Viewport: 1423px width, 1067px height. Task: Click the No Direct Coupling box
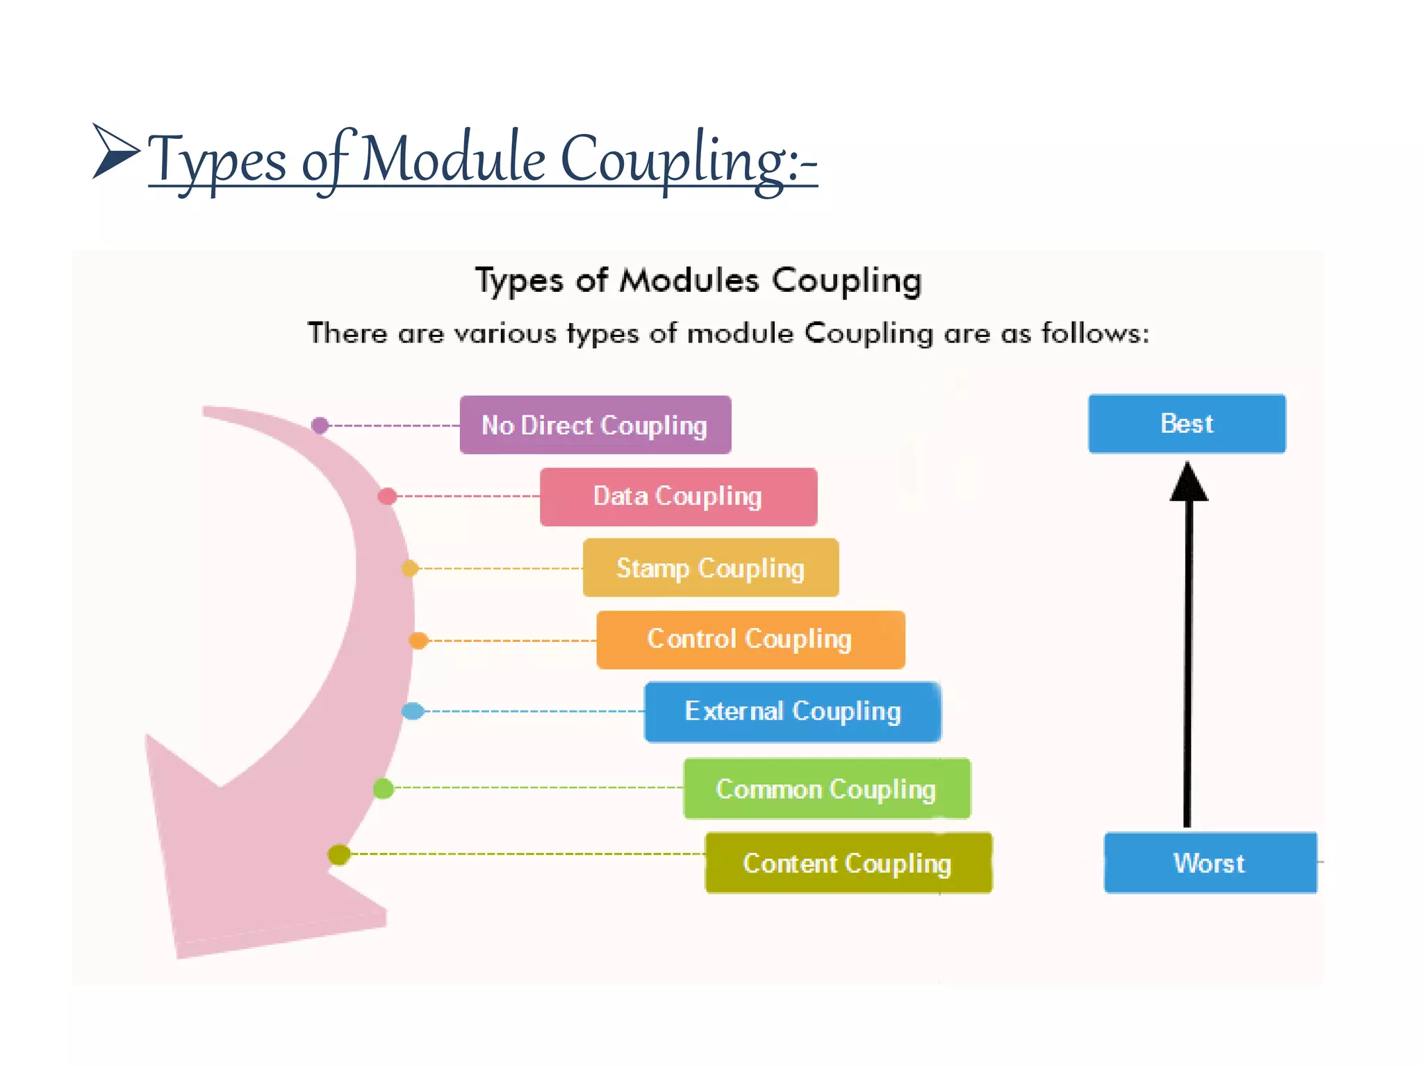595,425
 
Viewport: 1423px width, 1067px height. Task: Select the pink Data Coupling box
678,497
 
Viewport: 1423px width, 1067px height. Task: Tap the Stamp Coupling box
710,568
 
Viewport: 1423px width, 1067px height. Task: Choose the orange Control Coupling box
750,640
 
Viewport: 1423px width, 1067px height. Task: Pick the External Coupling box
792,712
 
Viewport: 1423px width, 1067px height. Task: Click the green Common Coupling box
827,788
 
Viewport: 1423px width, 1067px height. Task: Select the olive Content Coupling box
848,863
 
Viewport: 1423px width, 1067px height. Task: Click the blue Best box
1187,424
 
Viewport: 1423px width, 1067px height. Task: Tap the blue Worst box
1210,862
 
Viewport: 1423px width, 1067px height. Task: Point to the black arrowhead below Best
1189,483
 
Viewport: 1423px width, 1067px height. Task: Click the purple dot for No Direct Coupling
320,425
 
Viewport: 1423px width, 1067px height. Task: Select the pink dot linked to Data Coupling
387,496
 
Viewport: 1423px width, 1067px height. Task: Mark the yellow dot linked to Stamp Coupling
410,568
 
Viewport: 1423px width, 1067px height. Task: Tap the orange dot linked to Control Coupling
418,640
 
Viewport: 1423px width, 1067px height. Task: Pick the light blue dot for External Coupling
413,711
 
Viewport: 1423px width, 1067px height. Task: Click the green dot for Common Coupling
384,788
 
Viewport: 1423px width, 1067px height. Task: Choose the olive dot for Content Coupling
339,854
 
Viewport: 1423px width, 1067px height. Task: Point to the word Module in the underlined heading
453,160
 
